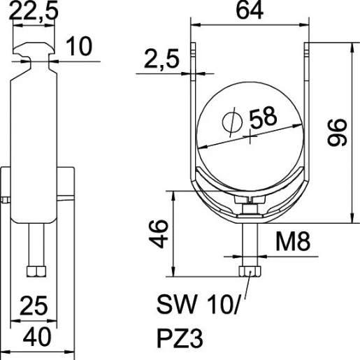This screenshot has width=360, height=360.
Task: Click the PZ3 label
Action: point(180,339)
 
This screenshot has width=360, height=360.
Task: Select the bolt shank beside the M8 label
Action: point(249,241)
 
